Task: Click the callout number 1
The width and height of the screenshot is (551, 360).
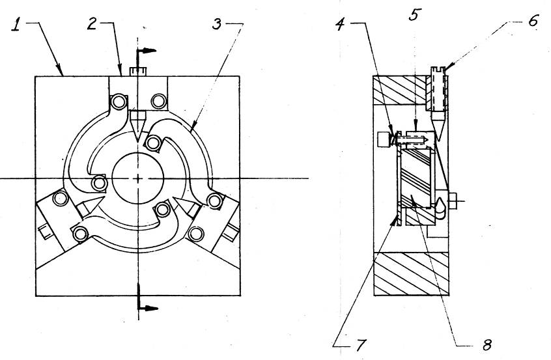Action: pyautogui.click(x=16, y=25)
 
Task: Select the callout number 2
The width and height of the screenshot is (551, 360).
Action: pyautogui.click(x=92, y=24)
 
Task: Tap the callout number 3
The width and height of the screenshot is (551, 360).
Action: pyautogui.click(x=217, y=24)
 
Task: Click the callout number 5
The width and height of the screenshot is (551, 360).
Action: pyautogui.click(x=415, y=15)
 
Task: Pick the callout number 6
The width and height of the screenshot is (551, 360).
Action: pyautogui.click(x=533, y=21)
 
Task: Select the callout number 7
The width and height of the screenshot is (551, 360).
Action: pyautogui.click(x=361, y=345)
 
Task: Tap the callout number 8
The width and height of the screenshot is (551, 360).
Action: pyautogui.click(x=487, y=345)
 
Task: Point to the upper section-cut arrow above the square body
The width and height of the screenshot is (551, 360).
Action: pyautogui.click(x=146, y=51)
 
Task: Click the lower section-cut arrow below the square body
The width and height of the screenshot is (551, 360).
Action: pyautogui.click(x=148, y=309)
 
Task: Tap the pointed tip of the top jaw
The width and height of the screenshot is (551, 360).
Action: pyautogui.click(x=137, y=141)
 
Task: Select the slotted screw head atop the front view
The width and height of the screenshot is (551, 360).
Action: pyautogui.click(x=138, y=72)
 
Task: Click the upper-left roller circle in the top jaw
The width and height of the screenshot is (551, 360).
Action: pyautogui.click(x=119, y=102)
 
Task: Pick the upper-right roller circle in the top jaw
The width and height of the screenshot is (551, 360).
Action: pyautogui.click(x=158, y=102)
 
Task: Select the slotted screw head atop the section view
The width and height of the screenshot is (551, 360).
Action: pyautogui.click(x=438, y=70)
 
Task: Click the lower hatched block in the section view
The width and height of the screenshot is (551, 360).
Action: pyautogui.click(x=411, y=274)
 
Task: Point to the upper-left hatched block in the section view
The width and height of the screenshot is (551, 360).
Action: pyautogui.click(x=399, y=90)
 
